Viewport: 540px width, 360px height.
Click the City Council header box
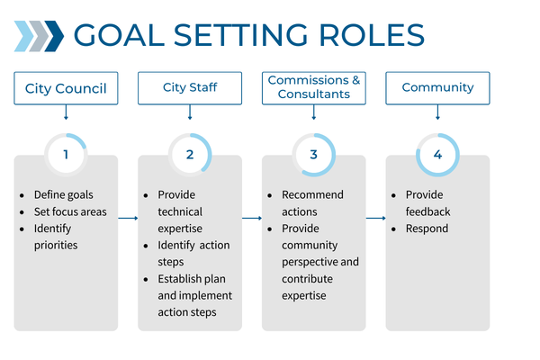(66, 88)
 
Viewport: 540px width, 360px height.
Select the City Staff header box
(190, 88)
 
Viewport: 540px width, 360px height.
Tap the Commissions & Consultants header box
(314, 87)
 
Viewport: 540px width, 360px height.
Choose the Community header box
(437, 88)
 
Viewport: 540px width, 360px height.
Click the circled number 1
(66, 154)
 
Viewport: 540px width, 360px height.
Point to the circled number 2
(190, 154)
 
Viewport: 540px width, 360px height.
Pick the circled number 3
(313, 154)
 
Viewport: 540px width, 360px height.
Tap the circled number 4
(437, 154)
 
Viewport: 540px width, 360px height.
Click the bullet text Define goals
(63, 195)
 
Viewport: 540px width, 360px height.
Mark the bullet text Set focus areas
(70, 212)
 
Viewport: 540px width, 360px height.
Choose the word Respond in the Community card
(427, 229)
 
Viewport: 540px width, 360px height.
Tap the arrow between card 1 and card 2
(128, 218)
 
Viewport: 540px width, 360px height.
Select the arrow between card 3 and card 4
(375, 218)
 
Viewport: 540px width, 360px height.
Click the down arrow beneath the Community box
(437, 112)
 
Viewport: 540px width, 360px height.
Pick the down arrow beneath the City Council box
(66, 112)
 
